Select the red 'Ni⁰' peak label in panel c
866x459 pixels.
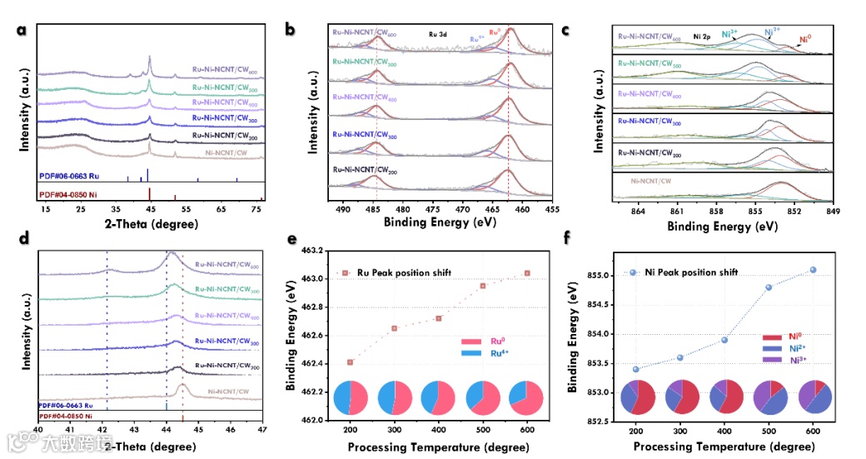[805, 38]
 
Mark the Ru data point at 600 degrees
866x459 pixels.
[527, 272]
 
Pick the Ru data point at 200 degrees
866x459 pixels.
[350, 362]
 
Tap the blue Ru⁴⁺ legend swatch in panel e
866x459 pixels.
[472, 353]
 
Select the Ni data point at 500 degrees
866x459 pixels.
[769, 287]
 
